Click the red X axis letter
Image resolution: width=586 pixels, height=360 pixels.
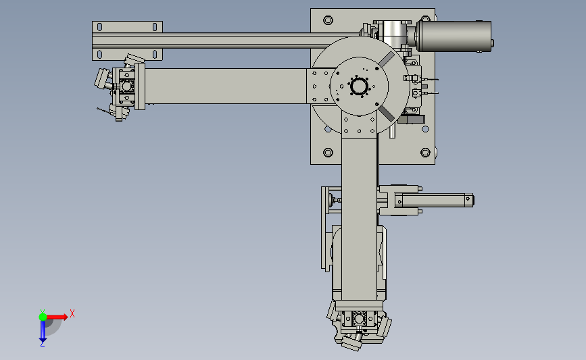pos(72,313)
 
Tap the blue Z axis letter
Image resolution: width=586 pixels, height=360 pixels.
pos(42,344)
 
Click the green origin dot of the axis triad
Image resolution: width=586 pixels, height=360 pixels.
pos(43,317)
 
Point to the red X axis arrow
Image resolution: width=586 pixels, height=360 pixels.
pos(57,317)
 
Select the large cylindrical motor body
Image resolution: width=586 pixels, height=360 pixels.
pos(454,36)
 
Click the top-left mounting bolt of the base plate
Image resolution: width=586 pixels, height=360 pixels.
pos(328,20)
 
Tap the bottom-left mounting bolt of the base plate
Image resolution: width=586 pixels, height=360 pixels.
pos(328,153)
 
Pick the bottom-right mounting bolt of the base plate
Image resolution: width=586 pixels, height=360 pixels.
pos(425,153)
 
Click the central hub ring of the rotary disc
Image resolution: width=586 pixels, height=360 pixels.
pos(360,86)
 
